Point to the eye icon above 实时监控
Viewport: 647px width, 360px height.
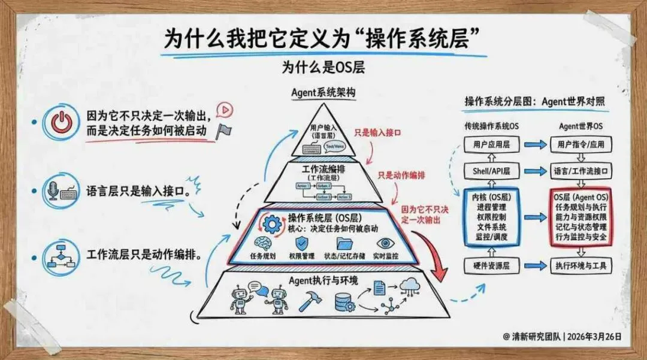pos(385,243)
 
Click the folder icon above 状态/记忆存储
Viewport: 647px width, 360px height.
pos(344,243)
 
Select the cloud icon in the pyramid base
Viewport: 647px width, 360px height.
pos(411,286)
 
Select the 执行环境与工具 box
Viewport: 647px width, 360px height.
pos(580,264)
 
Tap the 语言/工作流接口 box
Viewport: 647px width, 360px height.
pos(580,171)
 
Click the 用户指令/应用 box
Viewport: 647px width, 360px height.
pos(580,144)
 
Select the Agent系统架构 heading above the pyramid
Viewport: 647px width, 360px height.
pos(322,93)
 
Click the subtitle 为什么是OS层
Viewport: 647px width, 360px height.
pos(323,68)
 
